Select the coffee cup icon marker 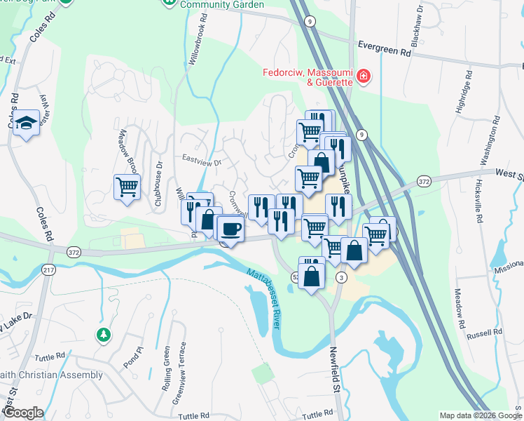tap(230, 228)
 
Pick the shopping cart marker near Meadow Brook tap(127, 187)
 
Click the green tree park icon tap(104, 334)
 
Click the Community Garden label tap(222, 5)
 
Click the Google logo tap(23, 413)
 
